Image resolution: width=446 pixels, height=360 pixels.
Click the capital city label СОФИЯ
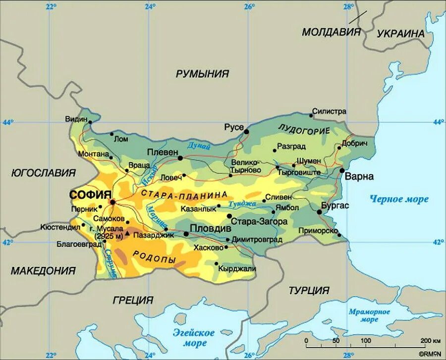[x=91, y=194]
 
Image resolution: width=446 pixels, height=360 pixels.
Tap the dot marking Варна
[x=342, y=170]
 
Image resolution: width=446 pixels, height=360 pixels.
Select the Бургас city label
[x=335, y=205]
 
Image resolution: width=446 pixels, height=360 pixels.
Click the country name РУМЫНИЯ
[x=203, y=74]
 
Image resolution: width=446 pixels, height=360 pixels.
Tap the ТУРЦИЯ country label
[x=309, y=290]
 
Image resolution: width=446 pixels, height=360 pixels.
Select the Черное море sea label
[x=399, y=199]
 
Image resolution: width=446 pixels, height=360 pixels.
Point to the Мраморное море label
[x=369, y=316]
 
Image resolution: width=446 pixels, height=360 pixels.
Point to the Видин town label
[x=76, y=119]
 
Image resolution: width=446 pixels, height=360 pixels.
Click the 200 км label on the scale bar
[x=429, y=341]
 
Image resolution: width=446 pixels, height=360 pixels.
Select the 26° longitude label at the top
[x=249, y=6]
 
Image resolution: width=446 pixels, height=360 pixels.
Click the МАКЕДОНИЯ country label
[x=43, y=271]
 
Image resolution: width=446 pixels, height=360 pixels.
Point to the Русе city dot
[x=246, y=131]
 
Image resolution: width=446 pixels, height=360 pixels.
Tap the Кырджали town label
[x=238, y=268]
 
